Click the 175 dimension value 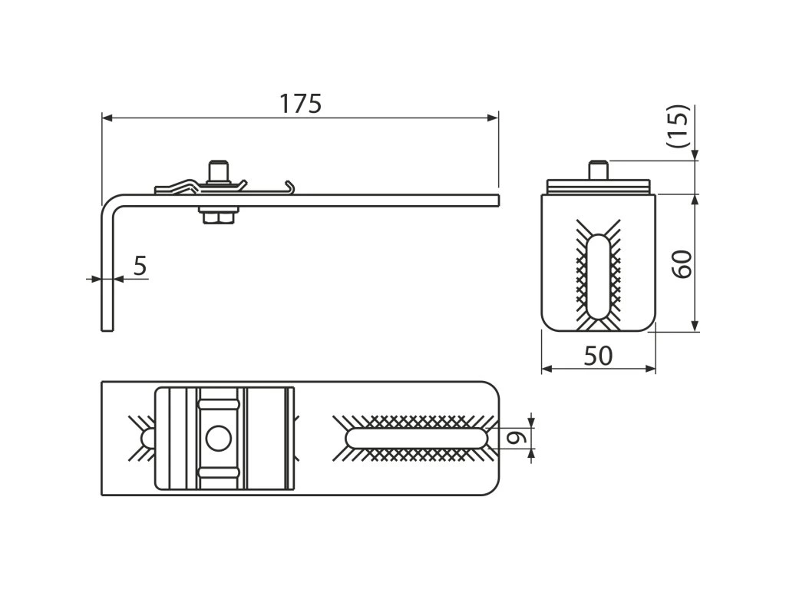coord(300,104)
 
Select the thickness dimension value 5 coord(140,265)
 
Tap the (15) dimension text coord(679,126)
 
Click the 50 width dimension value coord(598,356)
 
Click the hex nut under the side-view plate coord(219,217)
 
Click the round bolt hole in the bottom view coord(219,439)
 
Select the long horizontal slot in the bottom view coord(416,438)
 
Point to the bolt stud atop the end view coord(599,169)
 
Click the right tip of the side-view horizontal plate coord(497,201)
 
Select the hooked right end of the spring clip coord(289,185)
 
